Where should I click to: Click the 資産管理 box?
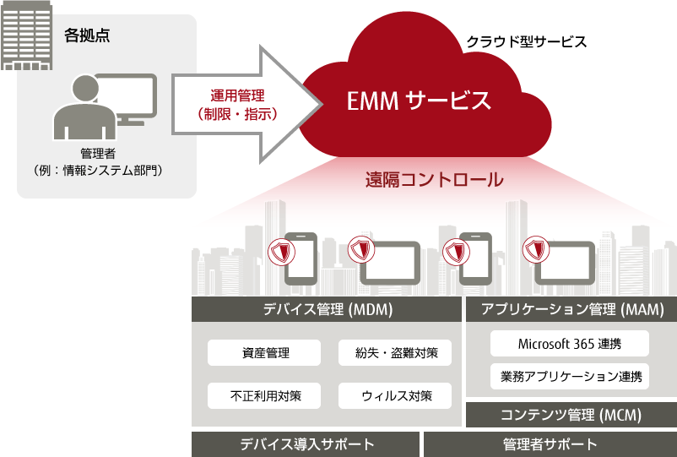click(264, 352)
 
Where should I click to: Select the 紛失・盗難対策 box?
click(394, 352)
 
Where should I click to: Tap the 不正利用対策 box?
click(264, 395)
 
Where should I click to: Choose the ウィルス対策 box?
click(394, 395)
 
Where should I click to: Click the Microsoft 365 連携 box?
click(570, 344)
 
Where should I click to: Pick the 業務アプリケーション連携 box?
click(570, 376)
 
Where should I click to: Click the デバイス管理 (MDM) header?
click(327, 309)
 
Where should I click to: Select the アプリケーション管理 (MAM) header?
click(571, 309)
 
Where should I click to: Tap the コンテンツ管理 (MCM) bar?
click(571, 415)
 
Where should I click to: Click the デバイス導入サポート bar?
click(306, 444)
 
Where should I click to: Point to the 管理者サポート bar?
click(550, 444)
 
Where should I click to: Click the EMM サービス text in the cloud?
click(419, 101)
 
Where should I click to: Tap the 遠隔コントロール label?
click(435, 180)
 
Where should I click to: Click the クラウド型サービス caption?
click(527, 42)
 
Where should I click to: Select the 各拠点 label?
click(87, 35)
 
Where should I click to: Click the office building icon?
click(26, 35)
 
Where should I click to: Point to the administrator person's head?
click(85, 89)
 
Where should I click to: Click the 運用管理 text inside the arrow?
click(237, 95)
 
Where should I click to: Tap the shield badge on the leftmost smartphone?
click(281, 251)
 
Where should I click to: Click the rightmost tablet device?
click(565, 263)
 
